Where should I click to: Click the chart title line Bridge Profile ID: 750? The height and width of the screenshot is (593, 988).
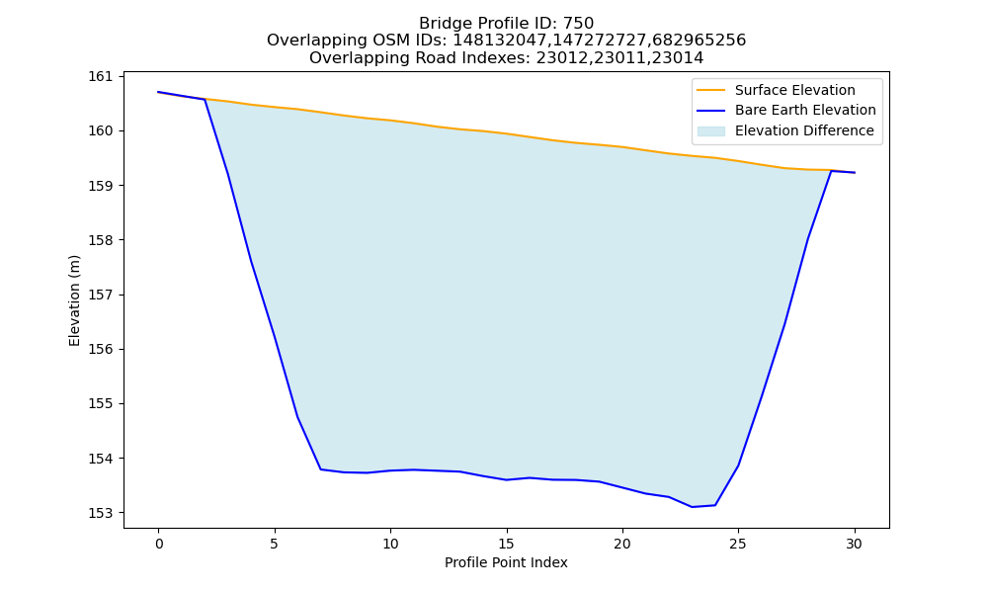(506, 24)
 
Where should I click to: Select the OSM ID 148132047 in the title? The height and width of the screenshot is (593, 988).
(499, 41)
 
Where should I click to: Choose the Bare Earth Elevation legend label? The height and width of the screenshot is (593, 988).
(805, 111)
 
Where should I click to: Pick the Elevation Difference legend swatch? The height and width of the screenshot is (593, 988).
(710, 131)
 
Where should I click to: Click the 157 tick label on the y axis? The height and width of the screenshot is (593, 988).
(100, 295)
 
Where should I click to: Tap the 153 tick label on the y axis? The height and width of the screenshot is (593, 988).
(100, 513)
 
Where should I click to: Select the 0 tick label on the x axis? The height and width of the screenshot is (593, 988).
(159, 544)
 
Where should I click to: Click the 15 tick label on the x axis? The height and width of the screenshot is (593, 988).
(506, 544)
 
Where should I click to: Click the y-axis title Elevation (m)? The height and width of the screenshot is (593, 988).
(75, 300)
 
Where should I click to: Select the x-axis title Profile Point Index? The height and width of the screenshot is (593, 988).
(506, 562)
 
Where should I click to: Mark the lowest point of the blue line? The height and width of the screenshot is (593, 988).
(692, 507)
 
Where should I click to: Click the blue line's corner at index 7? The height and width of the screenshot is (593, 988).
(321, 468)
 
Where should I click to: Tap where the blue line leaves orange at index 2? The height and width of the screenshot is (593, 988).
(205, 99)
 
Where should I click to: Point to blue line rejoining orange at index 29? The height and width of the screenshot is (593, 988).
(831, 170)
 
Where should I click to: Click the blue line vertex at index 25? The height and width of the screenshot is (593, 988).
(738, 466)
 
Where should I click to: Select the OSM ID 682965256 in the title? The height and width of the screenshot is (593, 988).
(699, 41)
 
